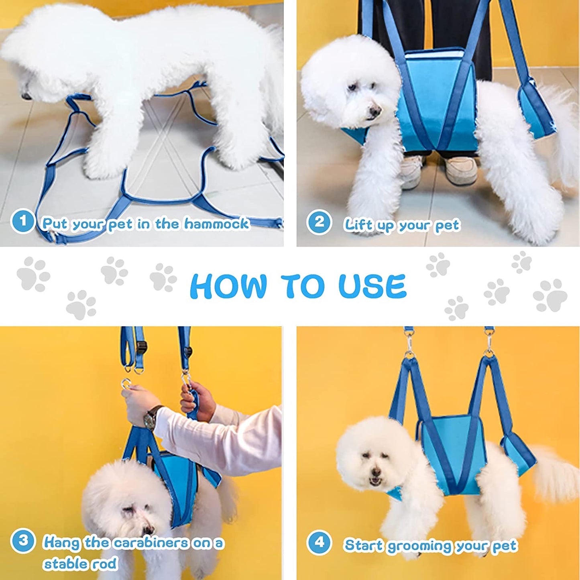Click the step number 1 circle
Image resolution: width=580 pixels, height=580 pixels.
pyautogui.click(x=22, y=221)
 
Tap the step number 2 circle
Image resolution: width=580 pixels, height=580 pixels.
pyautogui.click(x=319, y=222)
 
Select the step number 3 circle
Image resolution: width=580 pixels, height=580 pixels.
pyautogui.click(x=23, y=541)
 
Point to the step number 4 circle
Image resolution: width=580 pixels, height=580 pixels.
pyautogui.click(x=319, y=543)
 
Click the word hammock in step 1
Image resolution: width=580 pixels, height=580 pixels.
pyautogui.click(x=217, y=224)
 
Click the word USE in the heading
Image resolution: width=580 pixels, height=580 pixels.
pyautogui.click(x=372, y=286)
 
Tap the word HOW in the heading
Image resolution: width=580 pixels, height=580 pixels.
pyautogui.click(x=228, y=286)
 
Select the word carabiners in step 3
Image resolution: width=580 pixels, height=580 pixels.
pyautogui.click(x=151, y=543)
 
